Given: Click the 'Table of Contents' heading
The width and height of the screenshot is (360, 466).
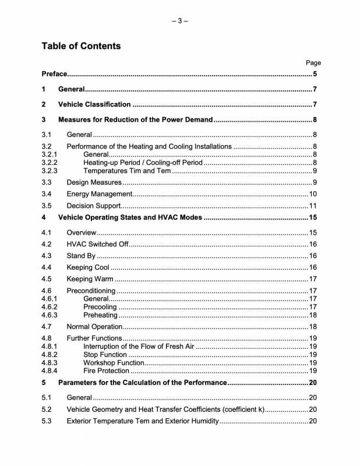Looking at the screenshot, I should (81, 46).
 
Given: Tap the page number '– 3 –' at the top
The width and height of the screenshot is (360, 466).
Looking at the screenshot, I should (180, 21).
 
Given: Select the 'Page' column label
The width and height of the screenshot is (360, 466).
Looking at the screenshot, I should (313, 63).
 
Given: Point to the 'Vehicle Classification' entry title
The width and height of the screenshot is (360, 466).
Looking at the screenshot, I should (94, 105).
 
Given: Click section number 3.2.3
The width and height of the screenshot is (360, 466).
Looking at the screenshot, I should (50, 171).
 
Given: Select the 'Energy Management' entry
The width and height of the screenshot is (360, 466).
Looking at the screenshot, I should (100, 194).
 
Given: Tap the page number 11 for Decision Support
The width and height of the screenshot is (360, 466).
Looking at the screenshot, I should (312, 206).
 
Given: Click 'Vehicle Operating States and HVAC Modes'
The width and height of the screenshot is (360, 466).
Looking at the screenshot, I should (130, 218).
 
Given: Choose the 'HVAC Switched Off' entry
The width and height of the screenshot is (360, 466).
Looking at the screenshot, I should (97, 244).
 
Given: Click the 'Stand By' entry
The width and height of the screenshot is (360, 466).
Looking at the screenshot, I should (81, 256).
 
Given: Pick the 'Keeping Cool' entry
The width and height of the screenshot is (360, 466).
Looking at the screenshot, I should (88, 267).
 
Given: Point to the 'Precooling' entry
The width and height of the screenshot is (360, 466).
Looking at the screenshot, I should (100, 307).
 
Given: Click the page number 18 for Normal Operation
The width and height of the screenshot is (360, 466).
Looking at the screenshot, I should (312, 327).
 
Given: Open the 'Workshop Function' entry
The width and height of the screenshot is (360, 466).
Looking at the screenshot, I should (114, 362).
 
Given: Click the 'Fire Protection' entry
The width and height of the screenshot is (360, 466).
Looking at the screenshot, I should (107, 370).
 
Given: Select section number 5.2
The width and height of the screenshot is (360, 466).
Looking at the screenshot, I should (47, 409).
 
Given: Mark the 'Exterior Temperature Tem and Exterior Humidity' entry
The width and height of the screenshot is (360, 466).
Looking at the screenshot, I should (143, 421).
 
